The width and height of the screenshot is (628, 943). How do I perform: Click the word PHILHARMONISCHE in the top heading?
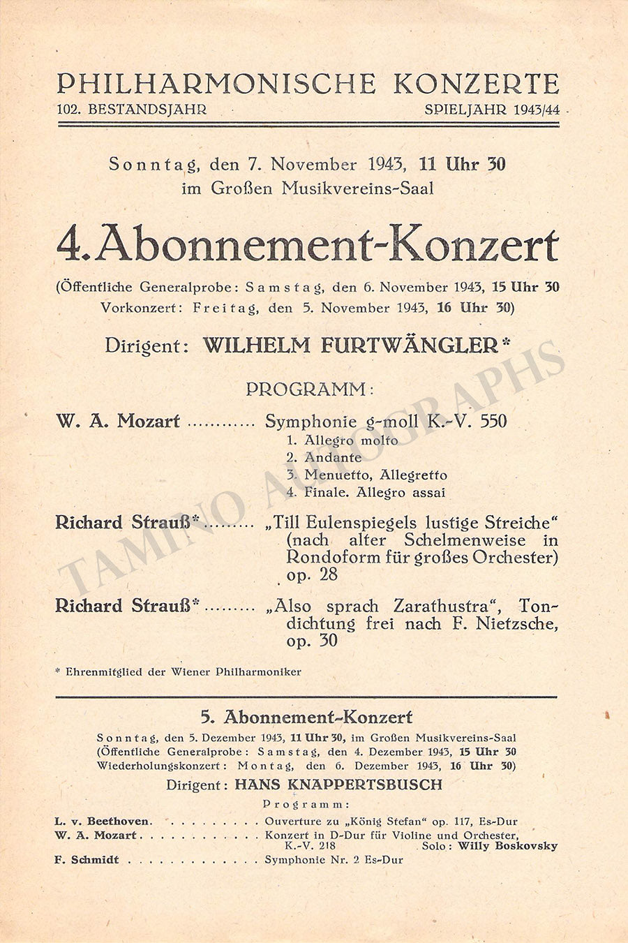coord(216,84)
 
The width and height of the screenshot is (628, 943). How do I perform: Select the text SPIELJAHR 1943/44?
coord(496,110)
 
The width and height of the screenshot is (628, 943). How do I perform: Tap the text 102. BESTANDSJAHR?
coord(133,110)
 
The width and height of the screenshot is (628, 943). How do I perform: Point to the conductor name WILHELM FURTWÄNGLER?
coord(351,346)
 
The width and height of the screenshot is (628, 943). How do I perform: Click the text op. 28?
coord(312,574)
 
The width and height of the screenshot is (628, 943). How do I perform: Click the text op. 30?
coord(312,641)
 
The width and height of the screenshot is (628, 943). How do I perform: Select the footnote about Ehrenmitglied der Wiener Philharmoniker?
coord(179,672)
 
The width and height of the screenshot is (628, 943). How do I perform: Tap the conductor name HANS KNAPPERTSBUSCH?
coord(338,784)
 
